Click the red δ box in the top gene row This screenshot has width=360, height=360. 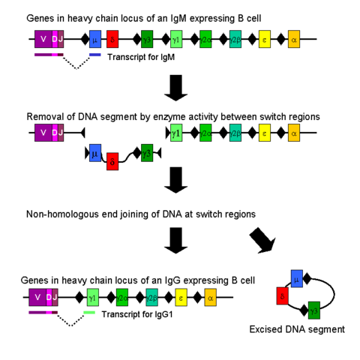pos(112,39)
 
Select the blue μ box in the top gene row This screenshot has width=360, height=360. pos(94,39)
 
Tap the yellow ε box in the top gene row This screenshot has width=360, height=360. pos(265,39)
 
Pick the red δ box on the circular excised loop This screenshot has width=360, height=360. pos(283,295)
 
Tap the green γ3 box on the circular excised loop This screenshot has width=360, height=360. pos(313,309)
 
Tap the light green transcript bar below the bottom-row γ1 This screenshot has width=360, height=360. pos(90,311)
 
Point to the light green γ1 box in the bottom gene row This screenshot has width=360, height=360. pos(92,297)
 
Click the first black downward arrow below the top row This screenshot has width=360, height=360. pos(177,88)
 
